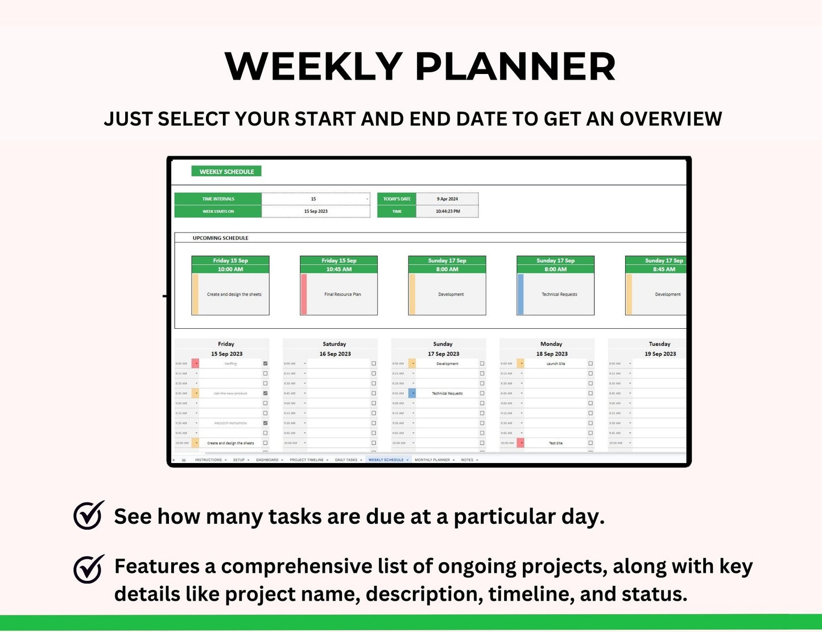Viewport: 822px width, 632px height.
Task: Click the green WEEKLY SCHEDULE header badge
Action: pos(226,171)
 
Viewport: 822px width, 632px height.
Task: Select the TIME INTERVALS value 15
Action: pos(313,199)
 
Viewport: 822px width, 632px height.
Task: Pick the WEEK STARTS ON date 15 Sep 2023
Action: pos(316,211)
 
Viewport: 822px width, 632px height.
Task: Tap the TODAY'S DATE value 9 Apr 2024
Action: pos(447,199)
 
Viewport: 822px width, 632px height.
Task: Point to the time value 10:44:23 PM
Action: pos(448,211)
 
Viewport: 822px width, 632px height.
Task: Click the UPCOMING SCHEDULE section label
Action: pos(220,238)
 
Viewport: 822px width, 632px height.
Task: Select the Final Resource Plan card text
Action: pos(342,294)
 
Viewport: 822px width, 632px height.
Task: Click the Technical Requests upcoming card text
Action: pos(559,294)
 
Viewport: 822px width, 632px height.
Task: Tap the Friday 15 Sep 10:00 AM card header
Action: pos(230,265)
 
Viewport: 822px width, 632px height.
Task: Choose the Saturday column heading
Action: pos(334,344)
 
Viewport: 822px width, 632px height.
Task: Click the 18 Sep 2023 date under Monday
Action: pos(552,354)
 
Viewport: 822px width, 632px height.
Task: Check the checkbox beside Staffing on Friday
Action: pos(265,363)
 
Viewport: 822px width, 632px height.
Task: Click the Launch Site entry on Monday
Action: pos(556,363)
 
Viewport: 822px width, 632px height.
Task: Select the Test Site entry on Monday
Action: pos(556,443)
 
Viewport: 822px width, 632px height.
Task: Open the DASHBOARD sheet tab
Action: pos(267,460)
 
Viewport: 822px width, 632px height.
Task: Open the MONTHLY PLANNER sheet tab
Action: pos(432,460)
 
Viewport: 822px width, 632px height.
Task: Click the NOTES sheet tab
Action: pos(467,460)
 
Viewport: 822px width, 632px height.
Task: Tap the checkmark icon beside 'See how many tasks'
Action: pos(89,515)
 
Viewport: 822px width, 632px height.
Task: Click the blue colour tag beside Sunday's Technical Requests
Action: pos(412,393)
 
